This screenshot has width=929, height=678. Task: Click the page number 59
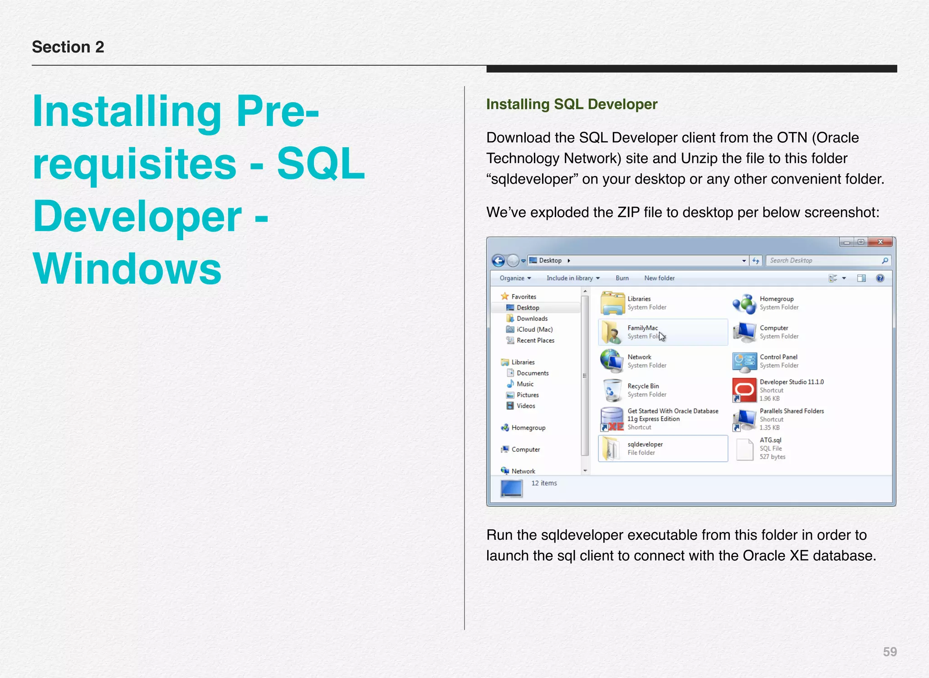pyautogui.click(x=890, y=652)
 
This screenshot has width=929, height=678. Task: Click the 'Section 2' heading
pyautogui.click(x=68, y=47)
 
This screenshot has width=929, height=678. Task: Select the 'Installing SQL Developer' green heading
pyautogui.click(x=572, y=104)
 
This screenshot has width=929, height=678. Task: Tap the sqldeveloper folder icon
pyautogui.click(x=611, y=449)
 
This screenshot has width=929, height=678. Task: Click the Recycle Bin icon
pyautogui.click(x=612, y=390)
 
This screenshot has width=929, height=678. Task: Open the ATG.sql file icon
pyautogui.click(x=744, y=449)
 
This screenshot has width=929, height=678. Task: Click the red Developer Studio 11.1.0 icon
pyautogui.click(x=744, y=390)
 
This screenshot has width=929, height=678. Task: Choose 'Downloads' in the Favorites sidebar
pyautogui.click(x=532, y=319)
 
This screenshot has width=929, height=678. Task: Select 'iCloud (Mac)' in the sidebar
pyautogui.click(x=534, y=329)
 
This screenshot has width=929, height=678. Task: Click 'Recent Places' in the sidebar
pyautogui.click(x=535, y=340)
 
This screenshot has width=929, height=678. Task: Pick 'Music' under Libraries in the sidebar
pyautogui.click(x=525, y=384)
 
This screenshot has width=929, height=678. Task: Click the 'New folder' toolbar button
pyautogui.click(x=659, y=278)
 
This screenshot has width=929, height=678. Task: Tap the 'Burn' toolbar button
pyautogui.click(x=622, y=278)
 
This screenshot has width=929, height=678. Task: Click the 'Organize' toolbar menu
pyautogui.click(x=515, y=278)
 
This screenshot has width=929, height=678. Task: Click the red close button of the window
pyautogui.click(x=880, y=242)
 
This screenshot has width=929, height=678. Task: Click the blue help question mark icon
pyautogui.click(x=880, y=278)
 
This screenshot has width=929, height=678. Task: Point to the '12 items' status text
pyautogui.click(x=544, y=483)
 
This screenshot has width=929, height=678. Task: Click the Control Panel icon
pyautogui.click(x=744, y=361)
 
